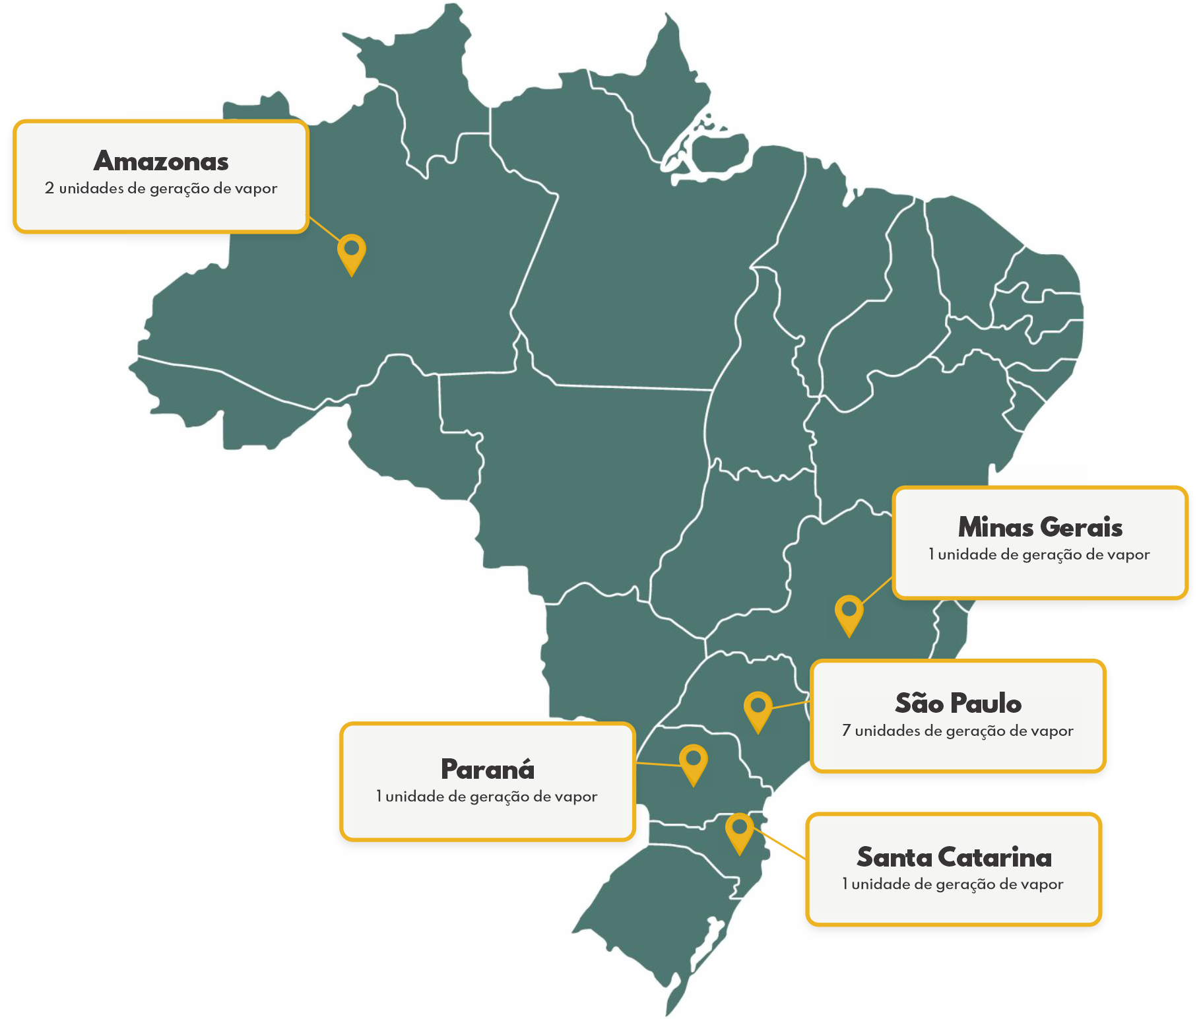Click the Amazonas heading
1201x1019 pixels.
tap(161, 161)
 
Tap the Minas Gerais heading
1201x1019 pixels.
tap(1040, 527)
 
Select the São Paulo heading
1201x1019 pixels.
tap(958, 704)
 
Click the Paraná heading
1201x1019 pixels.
tap(488, 770)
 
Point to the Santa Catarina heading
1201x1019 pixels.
tap(954, 857)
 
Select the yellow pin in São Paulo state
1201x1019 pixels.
tap(758, 708)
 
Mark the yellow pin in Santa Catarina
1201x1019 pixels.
tap(740, 830)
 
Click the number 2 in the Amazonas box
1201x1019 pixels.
tap(49, 189)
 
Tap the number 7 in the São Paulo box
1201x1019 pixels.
tap(846, 731)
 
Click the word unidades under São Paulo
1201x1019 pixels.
tap(889, 731)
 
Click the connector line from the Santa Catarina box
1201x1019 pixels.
tap(782, 845)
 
